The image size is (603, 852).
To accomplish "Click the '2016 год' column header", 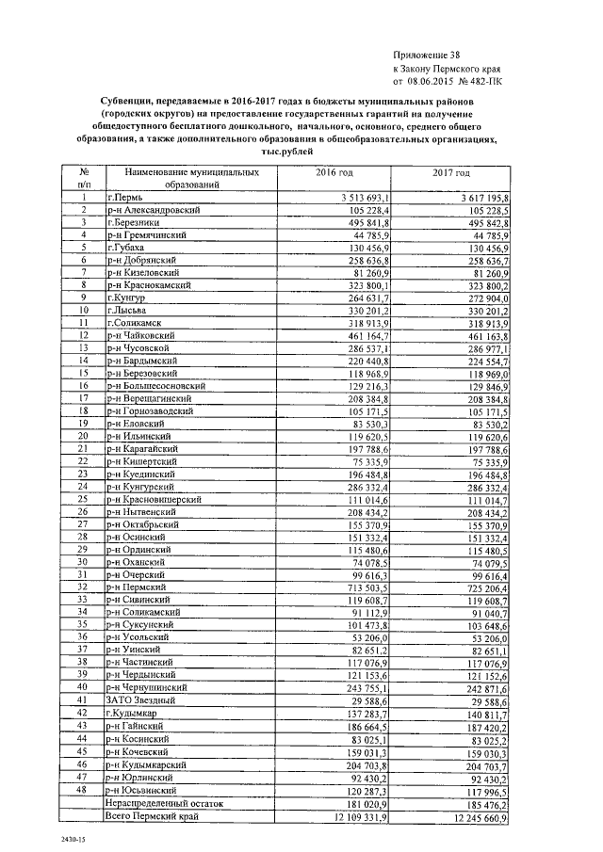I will (334, 174).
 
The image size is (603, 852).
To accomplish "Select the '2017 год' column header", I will (451, 174).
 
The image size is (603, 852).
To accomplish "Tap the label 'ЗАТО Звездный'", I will (144, 700).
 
